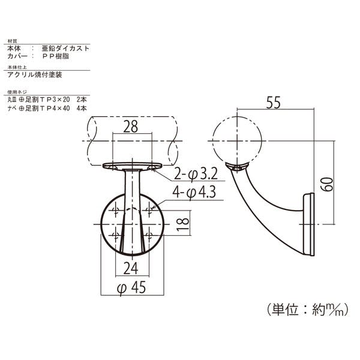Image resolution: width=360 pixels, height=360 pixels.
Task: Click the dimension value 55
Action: (x=273, y=103)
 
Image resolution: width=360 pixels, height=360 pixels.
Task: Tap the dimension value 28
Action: (x=130, y=127)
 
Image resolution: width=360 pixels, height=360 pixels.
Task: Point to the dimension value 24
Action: (x=131, y=268)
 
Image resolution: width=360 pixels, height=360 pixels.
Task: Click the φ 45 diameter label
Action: (x=131, y=287)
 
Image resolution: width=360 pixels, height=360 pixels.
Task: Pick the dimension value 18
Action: (x=183, y=224)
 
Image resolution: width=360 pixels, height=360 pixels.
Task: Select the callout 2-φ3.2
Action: (x=196, y=174)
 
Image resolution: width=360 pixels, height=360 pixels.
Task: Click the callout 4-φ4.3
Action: (x=194, y=193)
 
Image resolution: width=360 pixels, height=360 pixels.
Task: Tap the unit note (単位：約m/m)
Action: (x=308, y=310)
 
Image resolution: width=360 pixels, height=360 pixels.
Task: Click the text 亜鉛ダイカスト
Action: (x=65, y=49)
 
